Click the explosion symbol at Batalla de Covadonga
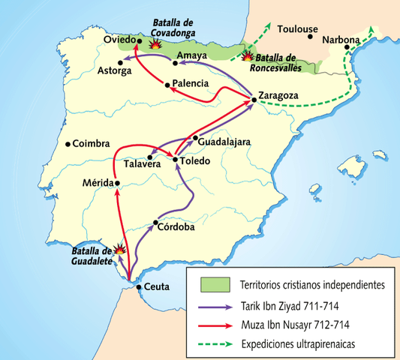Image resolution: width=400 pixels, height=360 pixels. (x=155, y=43)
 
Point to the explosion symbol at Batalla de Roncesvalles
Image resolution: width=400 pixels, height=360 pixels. (x=247, y=55)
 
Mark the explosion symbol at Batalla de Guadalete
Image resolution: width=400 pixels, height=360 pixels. (x=119, y=251)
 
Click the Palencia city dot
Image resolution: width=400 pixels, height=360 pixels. (x=167, y=84)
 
